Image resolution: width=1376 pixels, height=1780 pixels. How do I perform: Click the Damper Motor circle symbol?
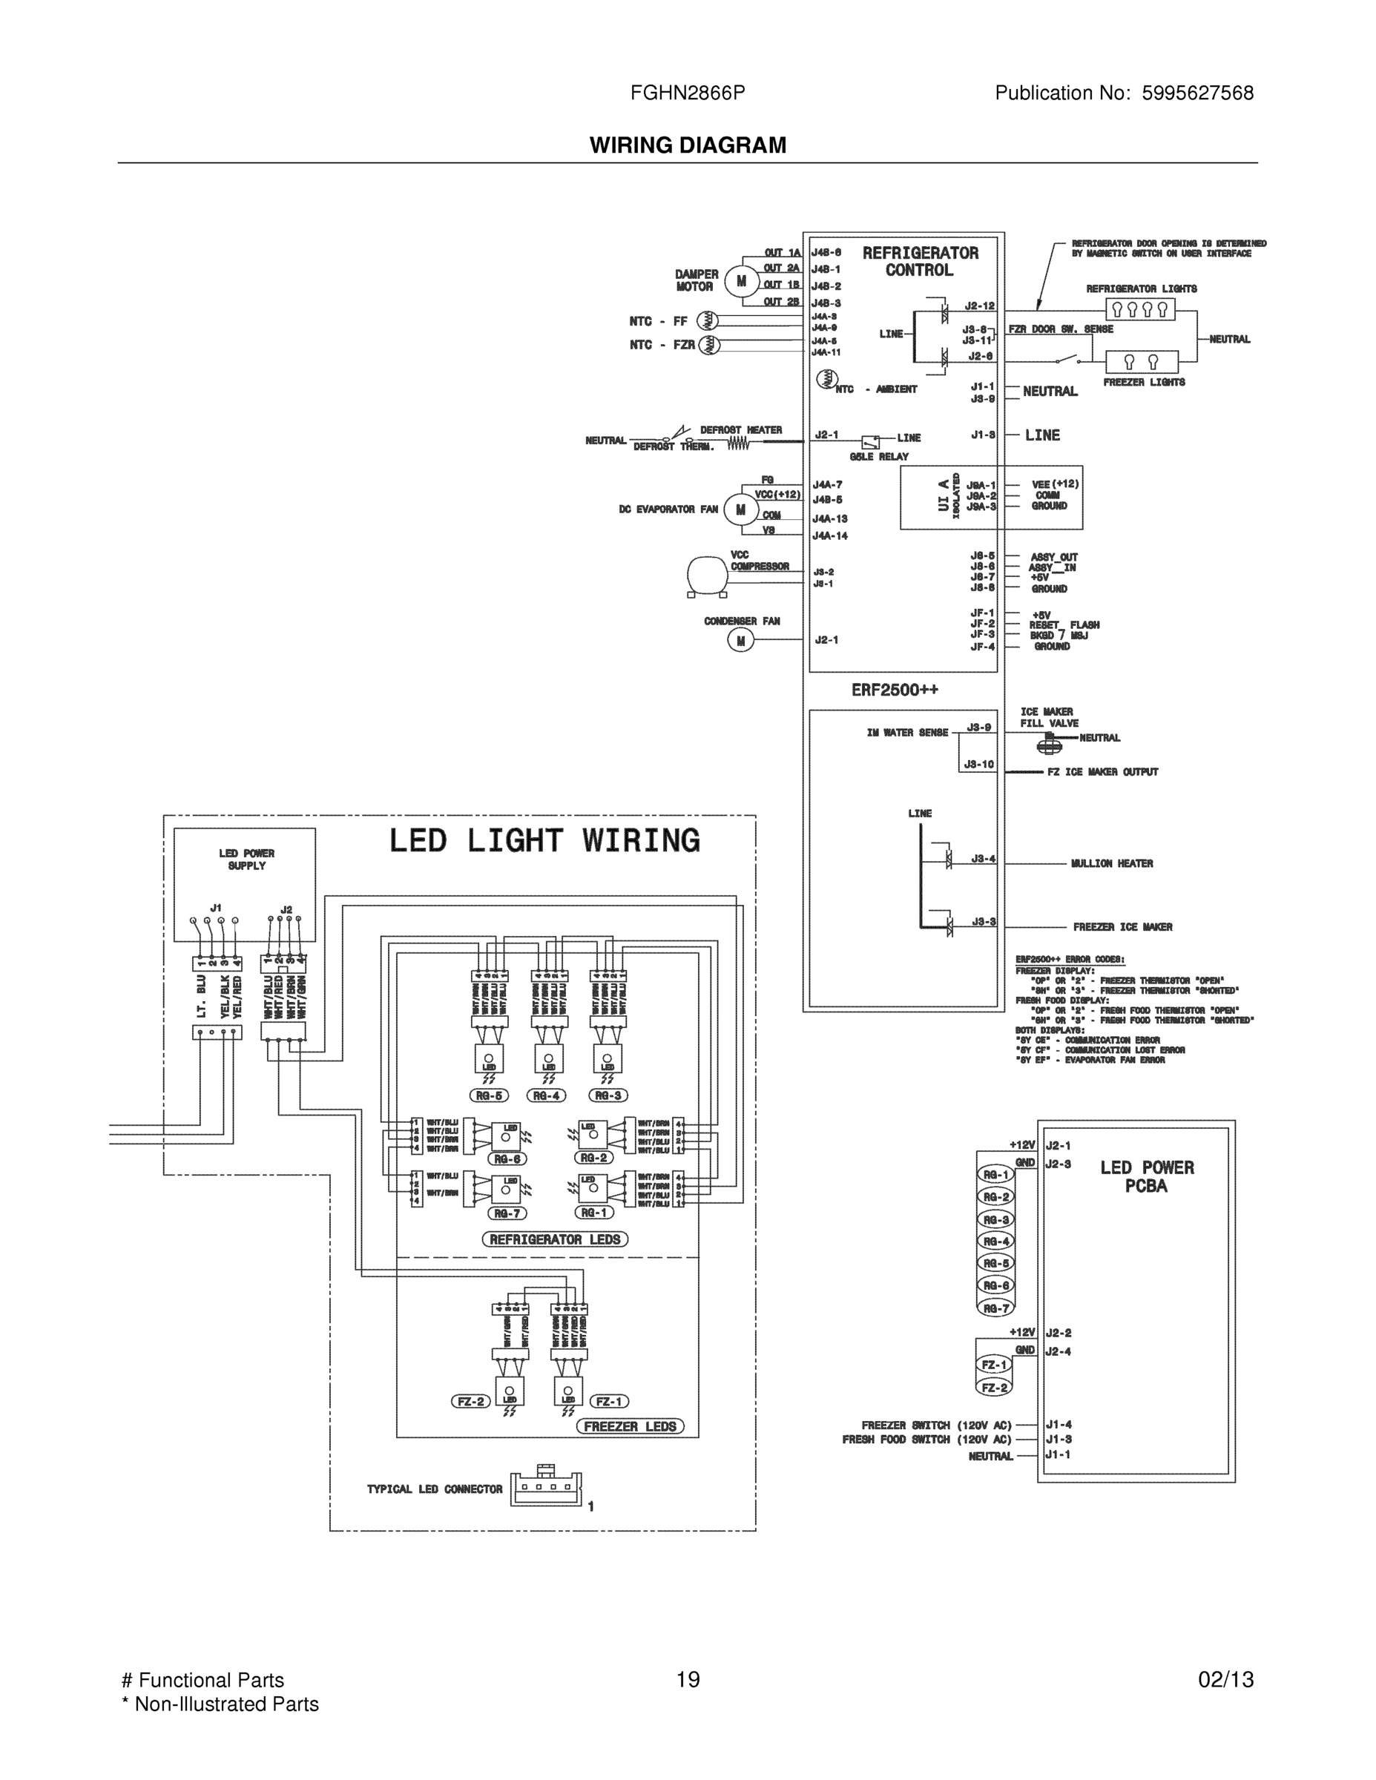[741, 281]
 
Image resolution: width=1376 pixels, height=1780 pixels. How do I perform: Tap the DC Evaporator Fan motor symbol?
[741, 510]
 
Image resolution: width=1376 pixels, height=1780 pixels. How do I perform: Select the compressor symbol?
[706, 576]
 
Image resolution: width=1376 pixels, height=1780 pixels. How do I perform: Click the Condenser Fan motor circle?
[741, 642]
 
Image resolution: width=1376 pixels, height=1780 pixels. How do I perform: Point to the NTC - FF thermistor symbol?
[708, 321]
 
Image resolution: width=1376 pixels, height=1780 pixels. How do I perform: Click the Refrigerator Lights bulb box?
[1139, 309]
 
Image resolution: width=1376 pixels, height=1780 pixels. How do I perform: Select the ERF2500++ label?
[895, 690]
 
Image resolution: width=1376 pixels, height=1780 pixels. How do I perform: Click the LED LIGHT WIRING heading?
[544, 840]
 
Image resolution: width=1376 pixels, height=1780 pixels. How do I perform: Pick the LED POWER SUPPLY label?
[246, 859]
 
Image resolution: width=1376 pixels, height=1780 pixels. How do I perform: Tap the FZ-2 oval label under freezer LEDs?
[471, 1402]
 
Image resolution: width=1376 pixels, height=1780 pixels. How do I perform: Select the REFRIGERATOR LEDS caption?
[555, 1239]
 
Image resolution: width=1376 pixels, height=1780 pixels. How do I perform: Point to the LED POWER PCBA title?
[1146, 1177]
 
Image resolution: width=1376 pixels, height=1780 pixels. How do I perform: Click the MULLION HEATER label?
[1111, 863]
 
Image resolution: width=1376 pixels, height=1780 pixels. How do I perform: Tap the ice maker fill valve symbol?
[1050, 743]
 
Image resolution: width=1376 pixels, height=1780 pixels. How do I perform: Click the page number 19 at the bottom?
[687, 1680]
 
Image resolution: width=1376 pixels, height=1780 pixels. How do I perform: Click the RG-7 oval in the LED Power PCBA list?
[995, 1308]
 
